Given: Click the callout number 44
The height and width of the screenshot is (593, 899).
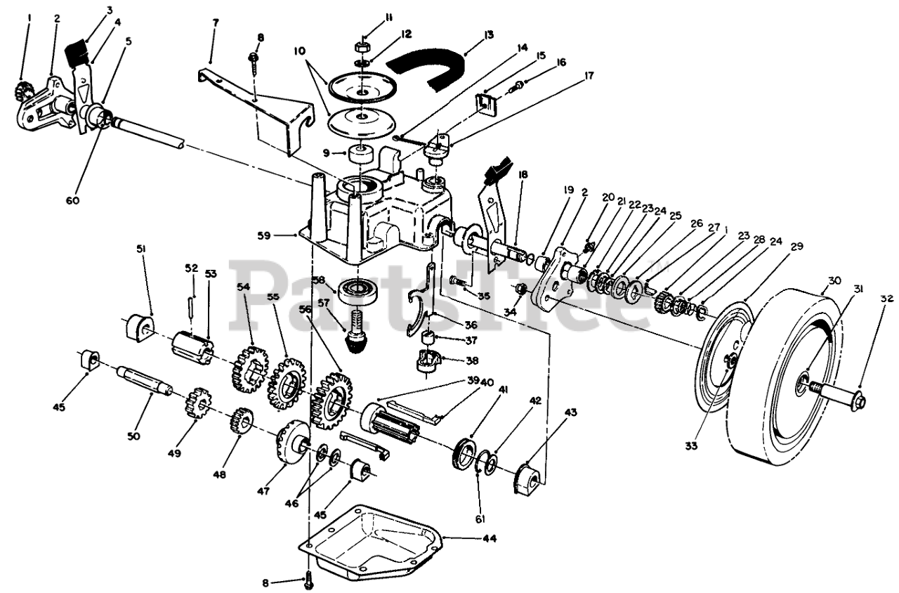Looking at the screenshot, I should click(490, 539).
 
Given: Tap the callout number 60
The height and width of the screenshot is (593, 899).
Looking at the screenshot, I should click(73, 200).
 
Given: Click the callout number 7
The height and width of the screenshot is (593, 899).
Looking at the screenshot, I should click(215, 22).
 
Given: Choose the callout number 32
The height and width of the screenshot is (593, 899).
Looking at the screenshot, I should click(886, 298).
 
